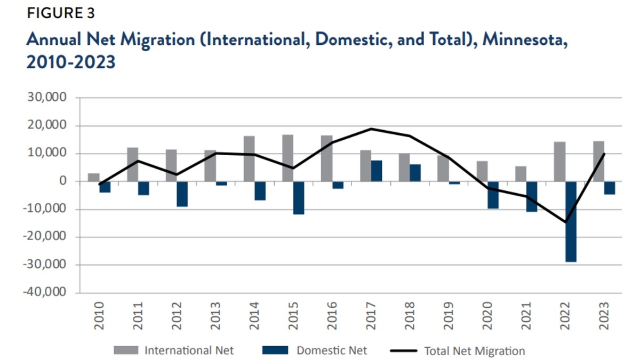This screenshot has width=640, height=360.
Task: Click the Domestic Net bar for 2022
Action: pyautogui.click(x=571, y=221)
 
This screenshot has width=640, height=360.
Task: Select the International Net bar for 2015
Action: pyautogui.click(x=288, y=158)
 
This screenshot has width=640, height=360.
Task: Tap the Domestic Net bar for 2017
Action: pyautogui.click(x=377, y=171)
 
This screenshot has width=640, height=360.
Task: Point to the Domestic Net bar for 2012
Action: pyautogui.click(x=182, y=194)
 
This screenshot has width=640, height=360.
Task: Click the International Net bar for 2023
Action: pyautogui.click(x=599, y=162)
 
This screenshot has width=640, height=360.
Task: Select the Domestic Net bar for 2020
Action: pyautogui.click(x=493, y=195)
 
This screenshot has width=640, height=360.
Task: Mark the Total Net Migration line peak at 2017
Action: pyautogui.click(x=371, y=129)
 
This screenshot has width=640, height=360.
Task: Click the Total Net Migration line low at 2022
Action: pyautogui.click(x=566, y=222)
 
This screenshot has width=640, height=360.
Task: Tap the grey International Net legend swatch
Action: pyautogui.click(x=126, y=350)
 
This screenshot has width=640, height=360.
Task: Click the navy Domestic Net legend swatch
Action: pyautogui.click(x=275, y=350)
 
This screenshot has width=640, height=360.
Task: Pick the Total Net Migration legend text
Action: pyautogui.click(x=474, y=351)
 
